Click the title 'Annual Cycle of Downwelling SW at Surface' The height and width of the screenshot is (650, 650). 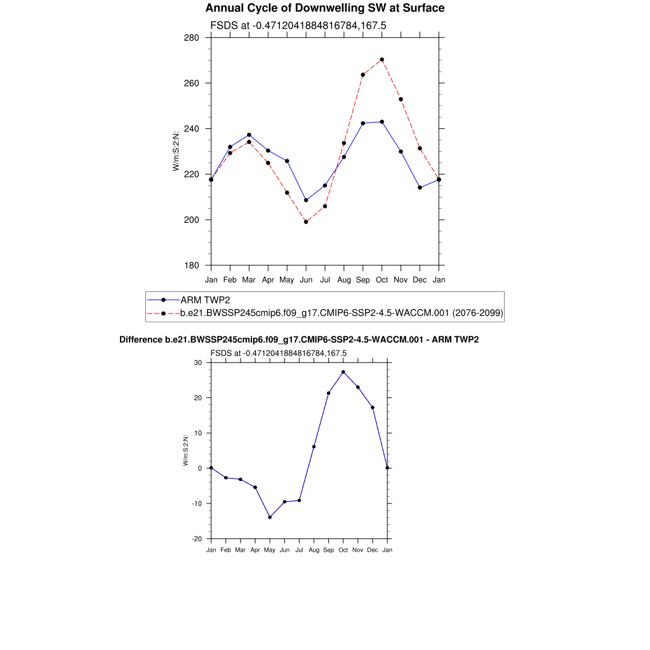[x=324, y=8]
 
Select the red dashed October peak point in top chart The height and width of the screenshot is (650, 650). [x=381, y=60]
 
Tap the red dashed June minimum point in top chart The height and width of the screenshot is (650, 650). [x=306, y=222]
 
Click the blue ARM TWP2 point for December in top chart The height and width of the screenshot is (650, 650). [x=420, y=187]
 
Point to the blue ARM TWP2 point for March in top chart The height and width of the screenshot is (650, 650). [x=249, y=135]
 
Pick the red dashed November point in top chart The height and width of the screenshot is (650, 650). [x=401, y=99]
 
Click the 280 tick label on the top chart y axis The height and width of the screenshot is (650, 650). [x=192, y=37]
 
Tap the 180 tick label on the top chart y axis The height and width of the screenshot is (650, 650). [x=192, y=265]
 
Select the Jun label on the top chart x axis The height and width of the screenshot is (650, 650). [x=306, y=279]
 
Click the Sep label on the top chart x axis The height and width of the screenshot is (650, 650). [x=363, y=279]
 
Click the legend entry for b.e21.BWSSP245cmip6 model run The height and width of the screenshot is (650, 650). [x=342, y=313]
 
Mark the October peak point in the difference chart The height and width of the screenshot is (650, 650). [x=343, y=372]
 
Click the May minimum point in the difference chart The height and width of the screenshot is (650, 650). [x=270, y=517]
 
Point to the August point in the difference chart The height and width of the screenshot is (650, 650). [x=314, y=446]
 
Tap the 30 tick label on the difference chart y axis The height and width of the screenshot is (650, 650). [x=197, y=363]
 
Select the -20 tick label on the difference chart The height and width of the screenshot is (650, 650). [x=196, y=539]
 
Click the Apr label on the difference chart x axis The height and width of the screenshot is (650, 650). [x=255, y=550]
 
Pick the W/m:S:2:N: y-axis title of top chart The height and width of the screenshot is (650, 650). [x=176, y=149]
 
